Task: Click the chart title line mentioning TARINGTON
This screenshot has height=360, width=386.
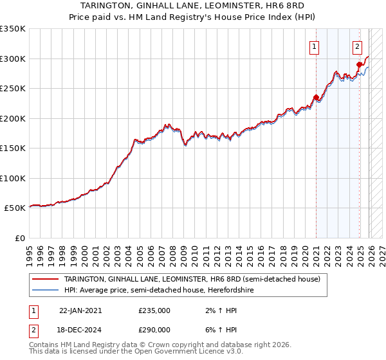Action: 193,6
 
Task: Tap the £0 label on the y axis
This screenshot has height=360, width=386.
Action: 19,238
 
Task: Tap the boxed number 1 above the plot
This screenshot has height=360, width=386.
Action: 315,46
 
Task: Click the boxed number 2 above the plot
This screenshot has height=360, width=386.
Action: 357,46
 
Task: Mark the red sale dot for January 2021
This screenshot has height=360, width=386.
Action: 316,98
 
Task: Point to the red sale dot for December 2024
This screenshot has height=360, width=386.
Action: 359,64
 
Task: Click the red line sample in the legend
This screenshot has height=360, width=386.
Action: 46,279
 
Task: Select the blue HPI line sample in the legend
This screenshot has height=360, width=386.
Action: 46,291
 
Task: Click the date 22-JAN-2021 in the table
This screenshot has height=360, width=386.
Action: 80,310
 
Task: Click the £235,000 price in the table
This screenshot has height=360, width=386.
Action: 154,310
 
